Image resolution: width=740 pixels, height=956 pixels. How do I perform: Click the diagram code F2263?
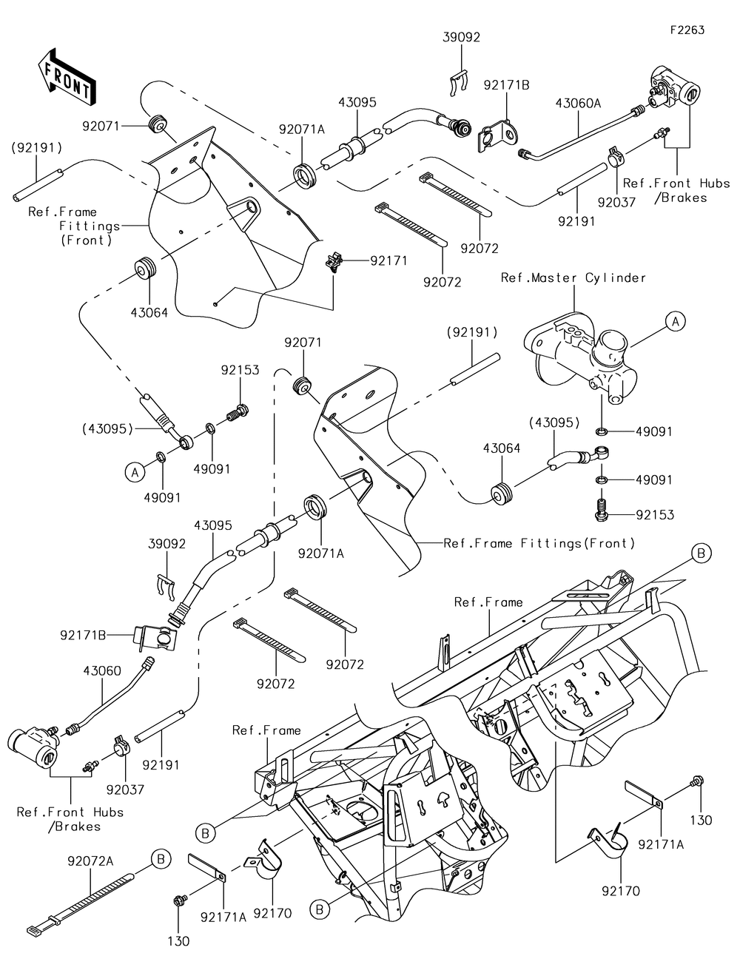click(x=687, y=30)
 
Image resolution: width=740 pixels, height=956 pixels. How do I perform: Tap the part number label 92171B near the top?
click(x=507, y=85)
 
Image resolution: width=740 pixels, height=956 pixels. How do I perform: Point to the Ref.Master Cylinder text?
click(x=573, y=278)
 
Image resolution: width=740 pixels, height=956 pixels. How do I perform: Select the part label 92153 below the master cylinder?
click(x=655, y=514)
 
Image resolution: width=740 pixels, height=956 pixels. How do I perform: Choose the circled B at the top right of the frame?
click(x=702, y=552)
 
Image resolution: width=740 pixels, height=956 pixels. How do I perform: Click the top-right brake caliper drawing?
click(x=673, y=92)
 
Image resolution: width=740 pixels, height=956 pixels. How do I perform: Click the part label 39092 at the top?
click(x=462, y=38)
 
